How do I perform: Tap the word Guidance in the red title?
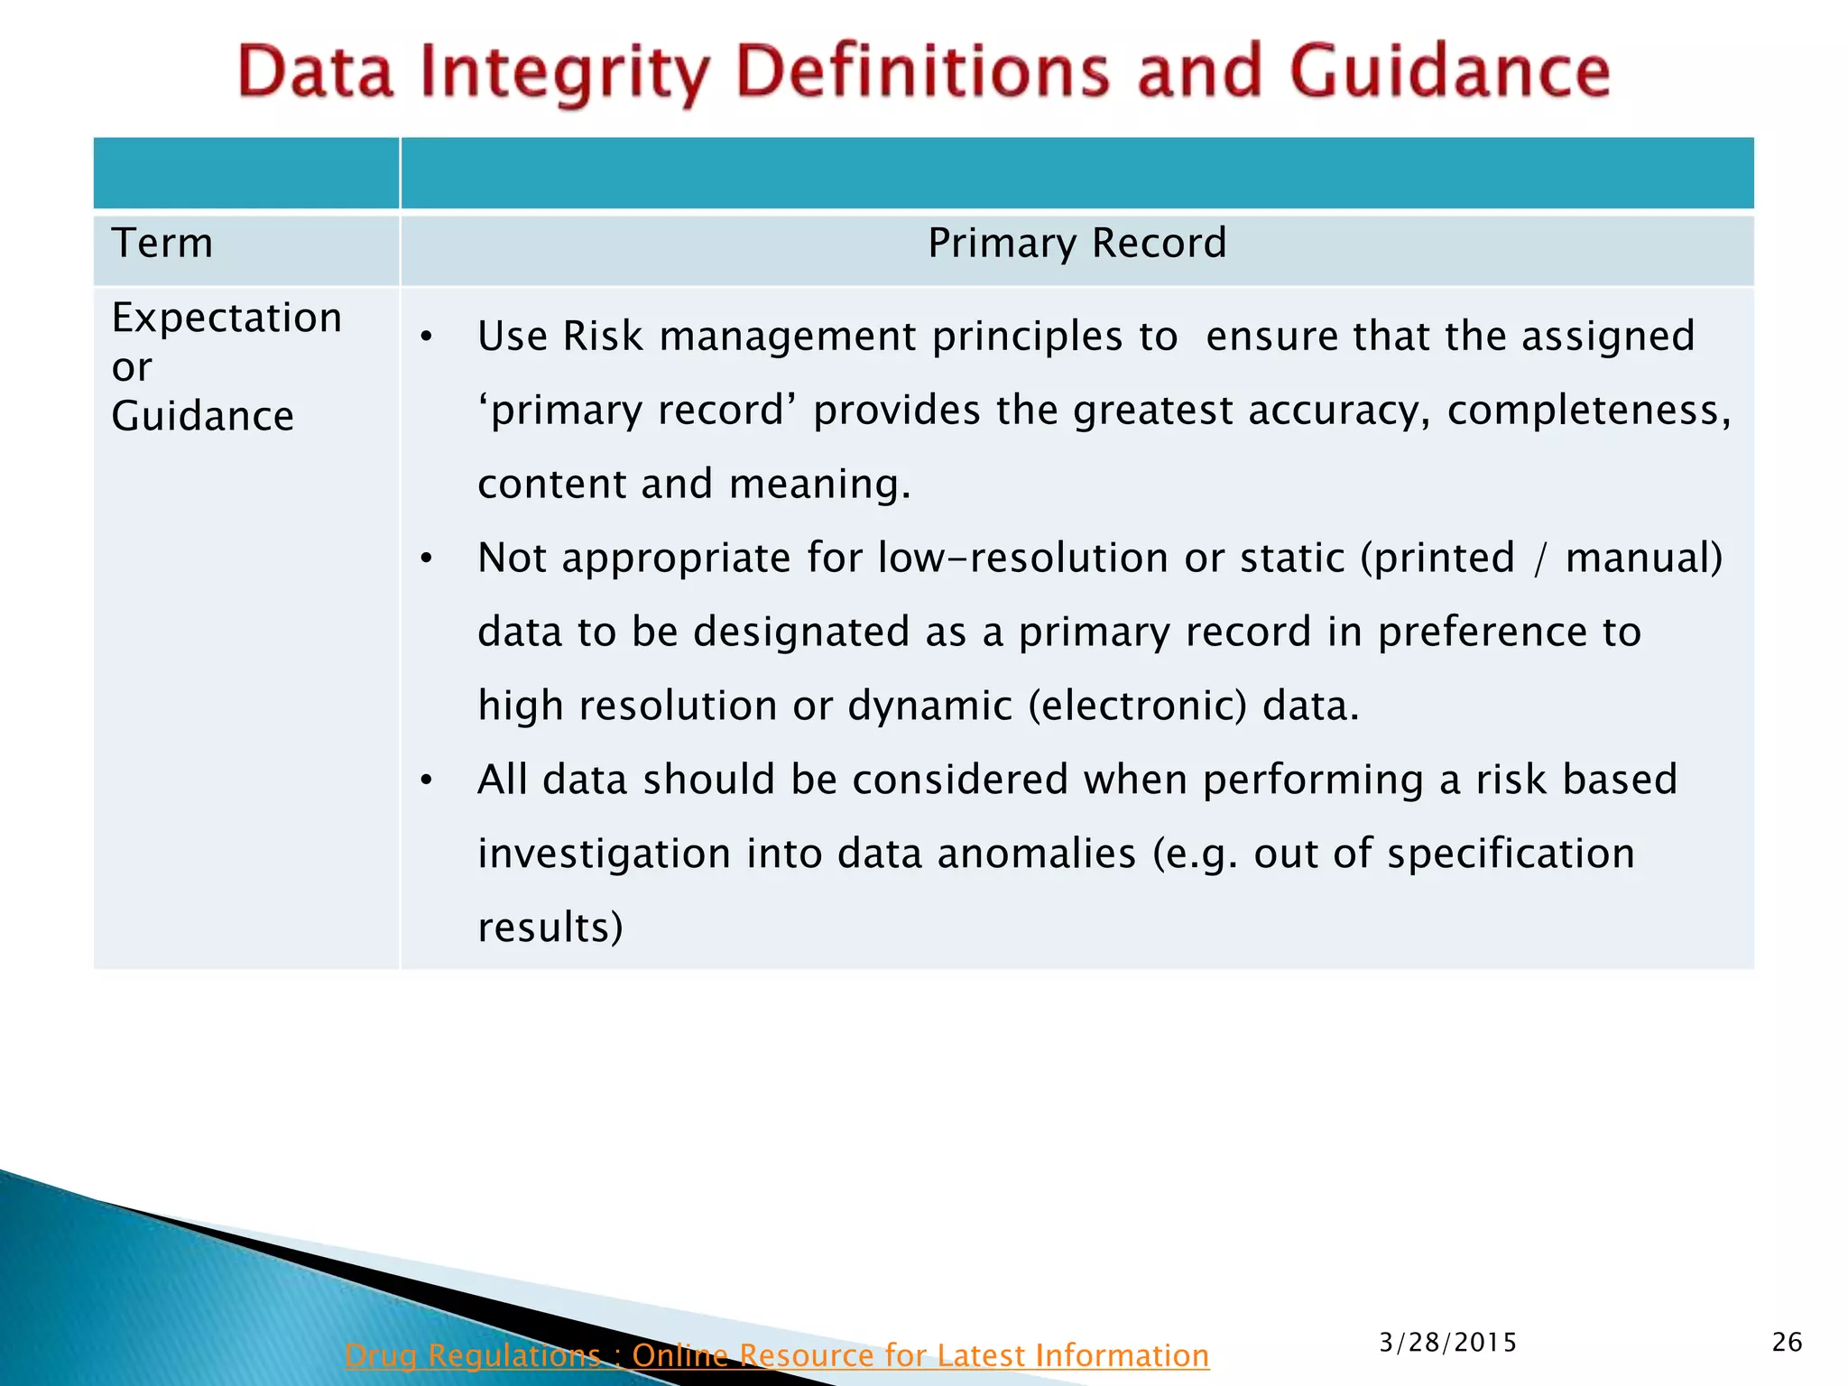point(1449,72)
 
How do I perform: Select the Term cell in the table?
point(162,244)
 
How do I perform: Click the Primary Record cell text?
point(1076,244)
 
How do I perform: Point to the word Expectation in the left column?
point(226,319)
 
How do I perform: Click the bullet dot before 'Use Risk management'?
point(427,338)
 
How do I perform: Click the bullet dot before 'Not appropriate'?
point(427,559)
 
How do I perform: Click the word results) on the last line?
point(550,928)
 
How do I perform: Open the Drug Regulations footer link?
point(776,1355)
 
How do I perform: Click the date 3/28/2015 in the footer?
point(1447,1343)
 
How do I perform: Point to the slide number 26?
point(1787,1343)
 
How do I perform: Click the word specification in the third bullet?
point(1511,854)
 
